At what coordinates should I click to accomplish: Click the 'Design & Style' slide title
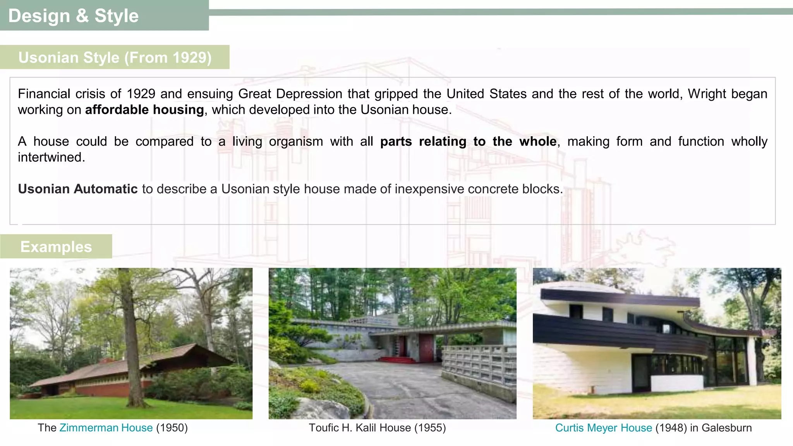click(x=73, y=16)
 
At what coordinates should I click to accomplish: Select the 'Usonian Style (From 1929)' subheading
click(x=115, y=57)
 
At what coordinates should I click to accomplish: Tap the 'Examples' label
click(x=56, y=247)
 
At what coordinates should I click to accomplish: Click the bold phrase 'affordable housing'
click(x=144, y=110)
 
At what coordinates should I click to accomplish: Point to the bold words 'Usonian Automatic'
click(x=77, y=189)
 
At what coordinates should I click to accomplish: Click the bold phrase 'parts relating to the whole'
click(x=468, y=142)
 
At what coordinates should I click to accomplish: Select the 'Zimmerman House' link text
click(x=106, y=428)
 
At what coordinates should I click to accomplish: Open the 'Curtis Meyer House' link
click(x=603, y=428)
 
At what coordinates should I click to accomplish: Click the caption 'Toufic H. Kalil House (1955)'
click(x=377, y=428)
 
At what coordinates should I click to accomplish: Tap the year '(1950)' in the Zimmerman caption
click(x=172, y=428)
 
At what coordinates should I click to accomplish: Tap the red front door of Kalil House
click(x=426, y=346)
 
